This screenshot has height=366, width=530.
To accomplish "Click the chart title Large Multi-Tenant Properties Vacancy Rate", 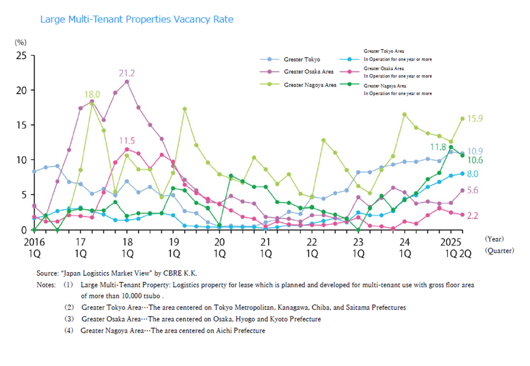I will pyautogui.click(x=137, y=19).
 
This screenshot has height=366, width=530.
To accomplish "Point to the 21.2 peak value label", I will pyautogui.click(x=127, y=73).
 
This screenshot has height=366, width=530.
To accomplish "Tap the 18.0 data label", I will pyautogui.click(x=92, y=94).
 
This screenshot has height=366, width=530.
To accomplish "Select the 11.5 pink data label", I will pyautogui.click(x=127, y=141).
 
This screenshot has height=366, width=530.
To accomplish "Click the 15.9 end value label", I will pyautogui.click(x=475, y=119).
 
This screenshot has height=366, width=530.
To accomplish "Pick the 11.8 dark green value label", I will pyautogui.click(x=438, y=147).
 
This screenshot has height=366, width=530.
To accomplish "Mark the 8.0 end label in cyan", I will pyautogui.click(x=473, y=174).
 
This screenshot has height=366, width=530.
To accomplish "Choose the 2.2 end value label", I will pyautogui.click(x=473, y=216).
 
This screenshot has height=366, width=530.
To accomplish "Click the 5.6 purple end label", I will pyautogui.click(x=473, y=190).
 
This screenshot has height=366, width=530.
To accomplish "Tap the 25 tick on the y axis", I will pyautogui.click(x=21, y=56).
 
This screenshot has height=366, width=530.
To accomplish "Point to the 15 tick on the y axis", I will pyautogui.click(x=21, y=125).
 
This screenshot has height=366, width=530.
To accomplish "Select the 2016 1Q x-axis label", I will pyautogui.click(x=34, y=247).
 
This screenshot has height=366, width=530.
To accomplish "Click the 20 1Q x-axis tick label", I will pyautogui.click(x=219, y=247).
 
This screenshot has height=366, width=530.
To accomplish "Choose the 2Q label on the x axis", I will pyautogui.click(x=465, y=254).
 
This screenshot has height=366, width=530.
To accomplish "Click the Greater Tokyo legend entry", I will pyautogui.click(x=302, y=59).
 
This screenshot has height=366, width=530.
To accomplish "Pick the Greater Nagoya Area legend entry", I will pyautogui.click(x=310, y=85).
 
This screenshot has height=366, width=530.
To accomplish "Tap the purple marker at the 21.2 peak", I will pyautogui.click(x=127, y=81).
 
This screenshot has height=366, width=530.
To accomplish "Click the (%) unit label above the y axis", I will pyautogui.click(x=21, y=42).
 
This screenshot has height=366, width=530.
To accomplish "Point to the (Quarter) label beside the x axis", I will pyautogui.click(x=499, y=251).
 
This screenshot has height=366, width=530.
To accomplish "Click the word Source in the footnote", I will pyautogui.click(x=47, y=273).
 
